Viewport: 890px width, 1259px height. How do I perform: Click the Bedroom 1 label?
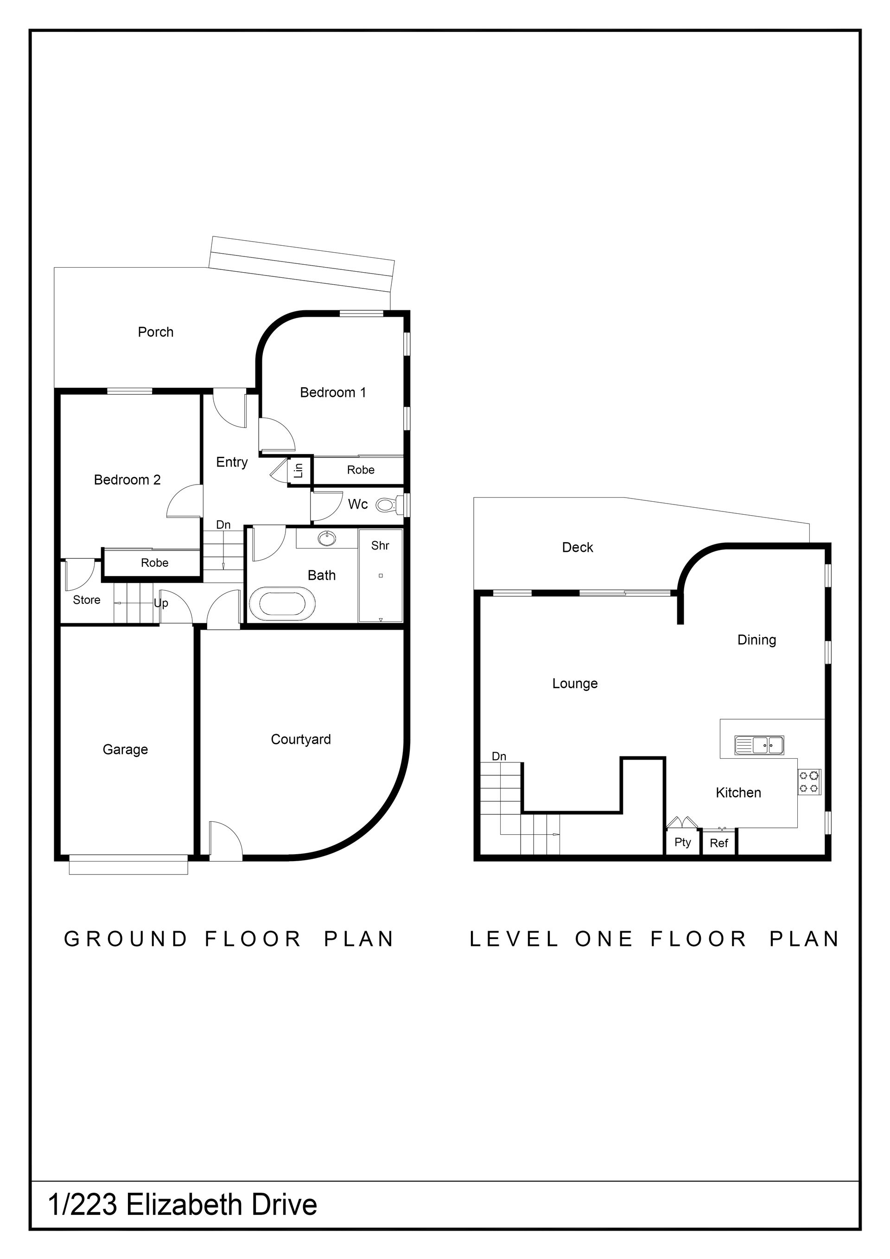click(333, 393)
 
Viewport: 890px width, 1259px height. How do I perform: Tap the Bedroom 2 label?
click(127, 480)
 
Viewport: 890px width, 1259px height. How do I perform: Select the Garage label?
click(126, 749)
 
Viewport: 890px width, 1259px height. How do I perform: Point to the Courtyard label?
click(301, 740)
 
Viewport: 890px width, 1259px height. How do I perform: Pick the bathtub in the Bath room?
click(282, 604)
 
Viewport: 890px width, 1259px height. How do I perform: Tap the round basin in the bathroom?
click(328, 539)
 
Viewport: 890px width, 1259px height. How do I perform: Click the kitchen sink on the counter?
click(760, 745)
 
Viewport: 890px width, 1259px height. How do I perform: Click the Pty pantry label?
click(683, 842)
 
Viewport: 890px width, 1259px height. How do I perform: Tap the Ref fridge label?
click(719, 844)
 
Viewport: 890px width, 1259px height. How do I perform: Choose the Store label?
click(87, 601)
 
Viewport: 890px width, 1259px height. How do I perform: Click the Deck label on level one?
click(578, 547)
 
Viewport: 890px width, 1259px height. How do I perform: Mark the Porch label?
click(156, 332)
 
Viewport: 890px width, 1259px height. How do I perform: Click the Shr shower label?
click(380, 546)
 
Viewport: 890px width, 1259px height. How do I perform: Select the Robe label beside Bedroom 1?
click(361, 470)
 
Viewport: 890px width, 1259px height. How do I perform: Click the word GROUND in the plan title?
click(126, 939)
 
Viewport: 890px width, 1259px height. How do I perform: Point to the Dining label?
click(757, 640)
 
